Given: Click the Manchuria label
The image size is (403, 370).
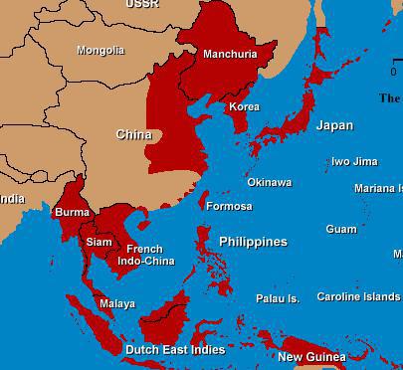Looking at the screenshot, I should coord(229,54).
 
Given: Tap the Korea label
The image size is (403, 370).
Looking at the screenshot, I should coord(244,106).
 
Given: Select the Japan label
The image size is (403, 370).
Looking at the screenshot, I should coord(334,125).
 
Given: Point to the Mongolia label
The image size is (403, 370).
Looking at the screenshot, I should coord(101,50).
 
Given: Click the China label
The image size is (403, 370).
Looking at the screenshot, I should coord(133,134).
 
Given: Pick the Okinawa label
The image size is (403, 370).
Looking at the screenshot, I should coord(269,182).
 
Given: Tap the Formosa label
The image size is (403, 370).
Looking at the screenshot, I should coord(229,206).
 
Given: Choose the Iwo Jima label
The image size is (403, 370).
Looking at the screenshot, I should coord(354,161).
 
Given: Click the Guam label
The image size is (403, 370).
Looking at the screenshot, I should coord(341,229).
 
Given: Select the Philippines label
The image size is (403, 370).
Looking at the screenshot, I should coord(253,242).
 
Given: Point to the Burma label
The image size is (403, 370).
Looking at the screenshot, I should coord(72,212).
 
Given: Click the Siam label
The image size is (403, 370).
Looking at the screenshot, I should coord(99,242).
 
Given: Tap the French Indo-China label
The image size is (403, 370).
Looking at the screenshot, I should coord(145,255).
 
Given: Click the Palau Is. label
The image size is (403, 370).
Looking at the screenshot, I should coord(277,298).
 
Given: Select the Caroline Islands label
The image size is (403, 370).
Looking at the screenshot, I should coord(358,296).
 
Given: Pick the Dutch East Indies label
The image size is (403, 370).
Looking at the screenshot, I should coord(174,350).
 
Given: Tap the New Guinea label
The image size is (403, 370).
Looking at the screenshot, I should coord(311,357).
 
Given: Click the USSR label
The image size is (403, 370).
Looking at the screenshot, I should coord(141,4).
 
